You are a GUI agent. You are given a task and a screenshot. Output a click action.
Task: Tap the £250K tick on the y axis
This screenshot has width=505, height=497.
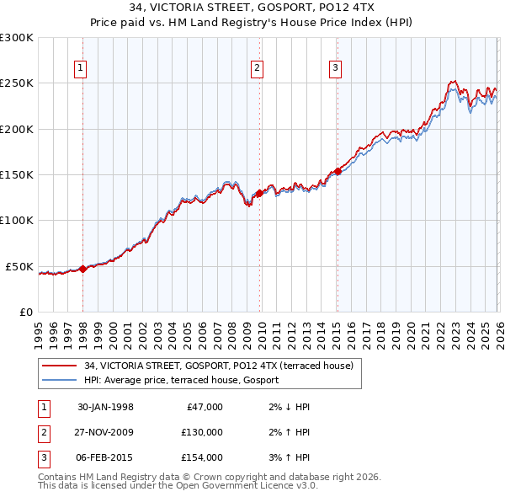tap(18, 83)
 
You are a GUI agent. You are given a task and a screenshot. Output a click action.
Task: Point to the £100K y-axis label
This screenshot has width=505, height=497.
tap(18, 220)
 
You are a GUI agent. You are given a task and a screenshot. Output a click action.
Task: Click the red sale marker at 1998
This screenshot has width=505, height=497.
tap(83, 269)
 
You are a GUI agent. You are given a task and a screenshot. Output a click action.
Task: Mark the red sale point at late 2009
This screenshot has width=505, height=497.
tap(259, 193)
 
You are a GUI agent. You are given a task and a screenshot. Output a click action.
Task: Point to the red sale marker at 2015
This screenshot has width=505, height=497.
tap(337, 171)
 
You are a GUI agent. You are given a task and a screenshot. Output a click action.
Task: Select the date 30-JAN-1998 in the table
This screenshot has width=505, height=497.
tap(105, 407)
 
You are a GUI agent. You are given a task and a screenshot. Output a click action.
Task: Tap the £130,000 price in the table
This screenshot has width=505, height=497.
tap(202, 432)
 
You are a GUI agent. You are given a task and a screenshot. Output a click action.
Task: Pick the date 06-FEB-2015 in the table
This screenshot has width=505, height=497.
tap(105, 457)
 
